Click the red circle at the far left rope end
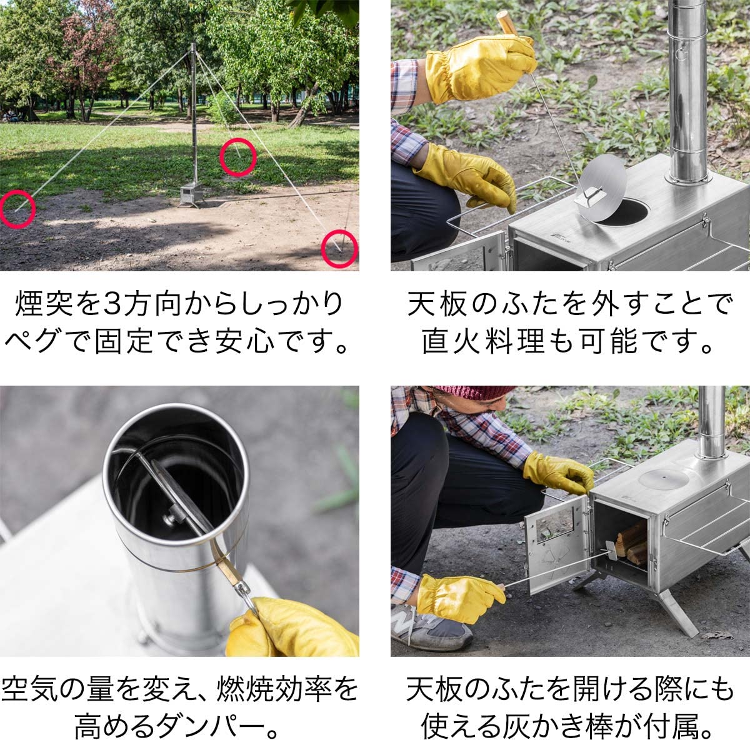[17, 209]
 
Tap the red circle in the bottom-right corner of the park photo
[339, 249]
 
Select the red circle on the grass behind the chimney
[238, 157]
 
